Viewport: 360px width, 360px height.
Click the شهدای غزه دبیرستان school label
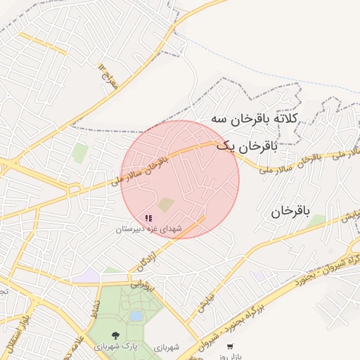point(148,229)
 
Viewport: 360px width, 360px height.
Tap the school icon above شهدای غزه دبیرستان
point(148,219)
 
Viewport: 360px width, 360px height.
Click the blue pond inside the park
point(136,317)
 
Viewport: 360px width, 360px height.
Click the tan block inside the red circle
point(166,205)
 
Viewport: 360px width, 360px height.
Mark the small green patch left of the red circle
point(79,153)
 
